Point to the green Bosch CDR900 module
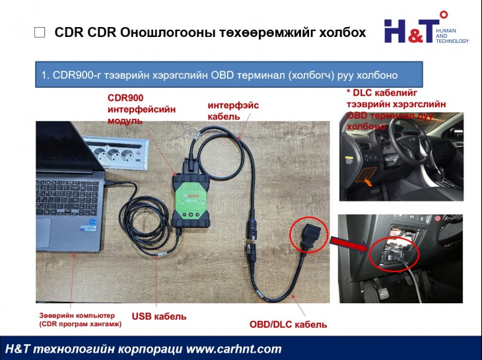191,198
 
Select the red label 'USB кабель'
159,316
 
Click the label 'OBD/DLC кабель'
288,324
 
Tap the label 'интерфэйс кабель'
233,110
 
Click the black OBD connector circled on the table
308,236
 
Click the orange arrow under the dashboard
365,178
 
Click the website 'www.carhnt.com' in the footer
224,349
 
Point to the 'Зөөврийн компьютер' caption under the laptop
77,315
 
